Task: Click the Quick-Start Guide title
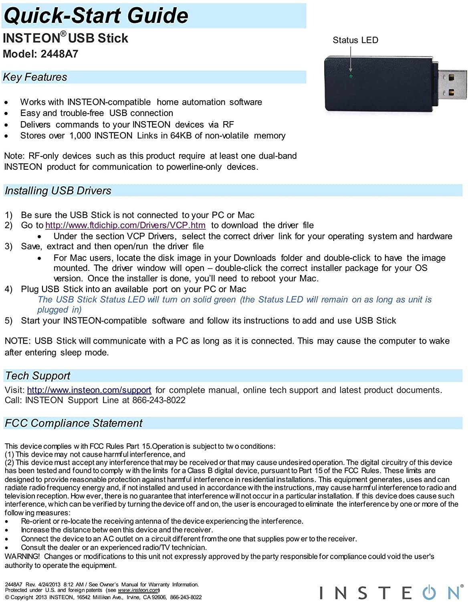pyautogui.click(x=95, y=15)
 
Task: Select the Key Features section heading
pyautogui.click(x=35, y=77)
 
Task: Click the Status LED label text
pyautogui.click(x=355, y=40)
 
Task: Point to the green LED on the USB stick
pyautogui.click(x=351, y=76)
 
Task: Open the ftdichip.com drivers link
pyautogui.click(x=125, y=226)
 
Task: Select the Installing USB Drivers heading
pyautogui.click(x=58, y=191)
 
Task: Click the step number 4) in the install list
pyautogui.click(x=8, y=289)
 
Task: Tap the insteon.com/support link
pyautogui.click(x=89, y=390)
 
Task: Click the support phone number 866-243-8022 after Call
pyautogui.click(x=159, y=400)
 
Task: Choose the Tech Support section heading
pyautogui.click(x=38, y=376)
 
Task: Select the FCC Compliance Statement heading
pyautogui.click(x=73, y=423)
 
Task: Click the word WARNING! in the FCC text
pyautogui.click(x=22, y=557)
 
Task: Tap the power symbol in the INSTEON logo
pyautogui.click(x=429, y=592)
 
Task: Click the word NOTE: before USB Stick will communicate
pyautogui.click(x=17, y=341)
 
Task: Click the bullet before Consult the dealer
pyautogui.click(x=6, y=548)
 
